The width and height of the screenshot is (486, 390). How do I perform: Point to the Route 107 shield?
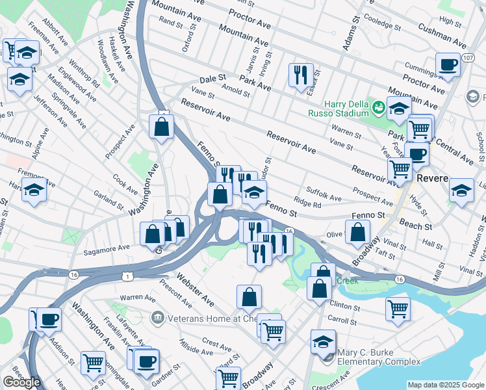(468, 58)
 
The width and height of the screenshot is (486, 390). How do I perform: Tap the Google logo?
(21, 382)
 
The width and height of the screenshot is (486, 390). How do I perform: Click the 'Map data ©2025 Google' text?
(445, 385)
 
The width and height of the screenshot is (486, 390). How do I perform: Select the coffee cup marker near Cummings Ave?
(448, 65)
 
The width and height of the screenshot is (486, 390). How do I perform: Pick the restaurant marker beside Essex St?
(301, 75)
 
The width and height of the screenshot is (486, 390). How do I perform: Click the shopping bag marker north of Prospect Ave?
(161, 126)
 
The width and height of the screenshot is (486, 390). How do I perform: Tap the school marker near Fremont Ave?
(34, 191)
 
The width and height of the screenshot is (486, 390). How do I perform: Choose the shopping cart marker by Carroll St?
(398, 309)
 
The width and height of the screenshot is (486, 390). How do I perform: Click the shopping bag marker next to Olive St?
(357, 231)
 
